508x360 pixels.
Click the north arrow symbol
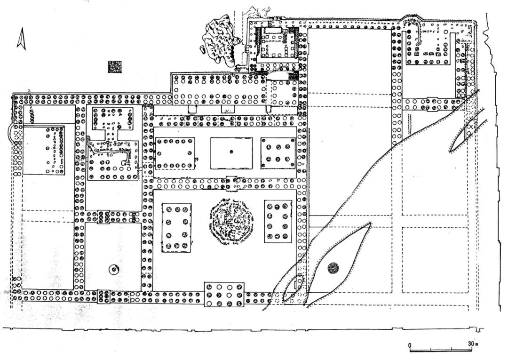pos(21,39)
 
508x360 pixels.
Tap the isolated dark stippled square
pos(114,67)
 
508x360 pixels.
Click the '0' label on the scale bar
pos(410,344)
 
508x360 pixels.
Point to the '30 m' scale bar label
pos(472,344)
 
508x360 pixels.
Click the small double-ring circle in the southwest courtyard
pos(113,270)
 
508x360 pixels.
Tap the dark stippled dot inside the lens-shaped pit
pos(333,268)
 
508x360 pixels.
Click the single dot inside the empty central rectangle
pos(231,152)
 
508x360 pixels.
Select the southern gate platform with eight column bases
pos(224,294)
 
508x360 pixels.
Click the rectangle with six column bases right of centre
pos(278,153)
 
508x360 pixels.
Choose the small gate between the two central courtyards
pos(231,183)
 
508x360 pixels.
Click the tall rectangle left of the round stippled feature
pos(176,227)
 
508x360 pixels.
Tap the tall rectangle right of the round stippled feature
pos(278,222)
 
